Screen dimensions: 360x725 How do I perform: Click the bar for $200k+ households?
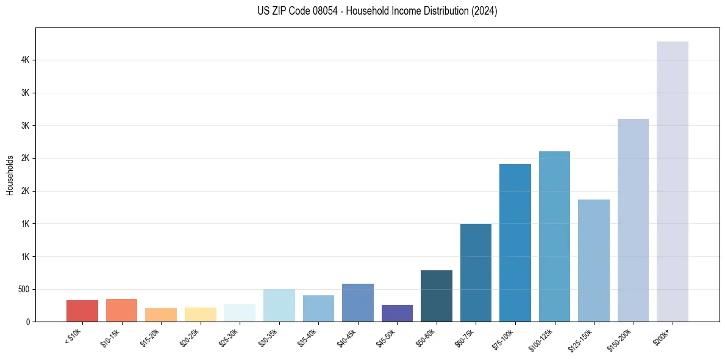click(673, 183)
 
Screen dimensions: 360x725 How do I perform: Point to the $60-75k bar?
click(476, 273)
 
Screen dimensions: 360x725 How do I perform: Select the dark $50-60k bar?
click(437, 296)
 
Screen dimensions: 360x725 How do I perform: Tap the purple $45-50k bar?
click(397, 313)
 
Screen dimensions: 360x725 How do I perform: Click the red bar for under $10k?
click(82, 311)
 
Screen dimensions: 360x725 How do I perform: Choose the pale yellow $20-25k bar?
click(201, 314)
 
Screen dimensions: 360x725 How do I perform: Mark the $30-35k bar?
click(279, 306)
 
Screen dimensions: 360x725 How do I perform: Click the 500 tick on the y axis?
click(24, 289)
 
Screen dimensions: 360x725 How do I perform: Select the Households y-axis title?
click(10, 175)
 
